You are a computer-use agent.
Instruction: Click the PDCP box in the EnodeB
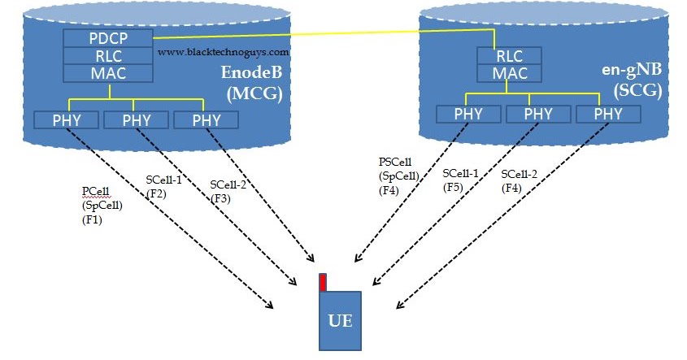pyautogui.click(x=107, y=37)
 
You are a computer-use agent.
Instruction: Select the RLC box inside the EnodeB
pyautogui.click(x=107, y=55)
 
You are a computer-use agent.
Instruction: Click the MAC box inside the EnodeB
pyautogui.click(x=107, y=73)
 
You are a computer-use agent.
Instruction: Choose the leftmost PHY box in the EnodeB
pyautogui.click(x=67, y=120)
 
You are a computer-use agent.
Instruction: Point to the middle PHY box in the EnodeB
pyautogui.click(x=137, y=120)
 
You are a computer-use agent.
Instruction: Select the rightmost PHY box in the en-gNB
pyautogui.click(x=608, y=114)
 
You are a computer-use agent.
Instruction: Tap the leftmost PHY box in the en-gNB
pyautogui.click(x=468, y=114)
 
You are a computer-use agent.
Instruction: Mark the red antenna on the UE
pyautogui.click(x=323, y=282)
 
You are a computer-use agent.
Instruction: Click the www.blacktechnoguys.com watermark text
pyautogui.click(x=224, y=51)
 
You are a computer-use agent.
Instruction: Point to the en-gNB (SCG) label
pyautogui.click(x=633, y=82)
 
